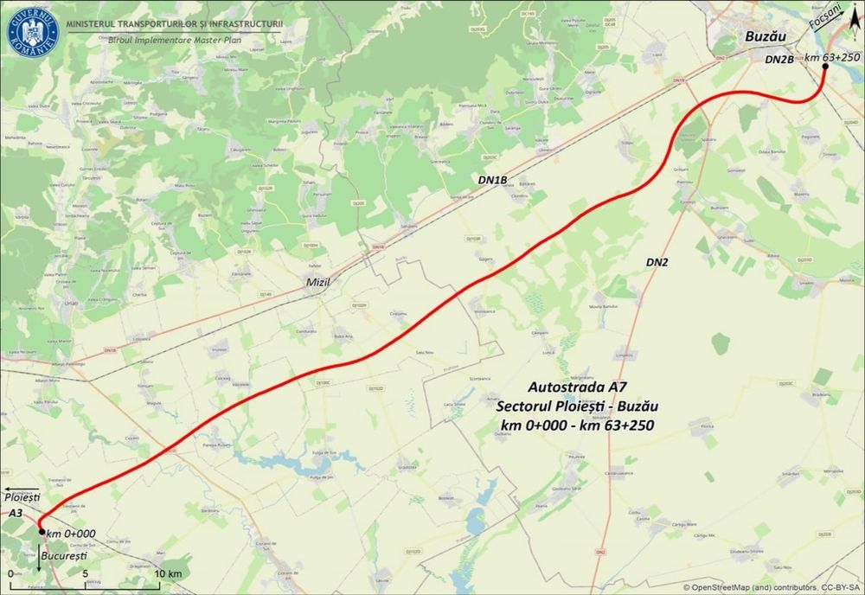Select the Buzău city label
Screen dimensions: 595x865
[x=766, y=37]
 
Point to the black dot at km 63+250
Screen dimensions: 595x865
[x=823, y=65]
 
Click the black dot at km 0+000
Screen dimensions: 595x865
[x=42, y=532]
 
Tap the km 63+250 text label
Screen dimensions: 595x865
[x=832, y=57]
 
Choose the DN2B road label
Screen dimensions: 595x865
[x=779, y=60]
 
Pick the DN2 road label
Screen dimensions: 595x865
[x=658, y=261]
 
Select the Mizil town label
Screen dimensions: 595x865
[x=318, y=282]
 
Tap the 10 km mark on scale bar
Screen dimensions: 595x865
[x=168, y=573]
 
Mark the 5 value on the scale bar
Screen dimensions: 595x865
[x=85, y=573]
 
